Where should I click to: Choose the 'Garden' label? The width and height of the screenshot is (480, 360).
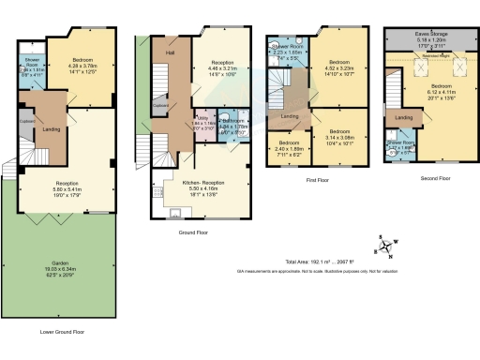click(65, 236)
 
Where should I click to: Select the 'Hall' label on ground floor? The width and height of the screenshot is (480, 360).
click(171, 53)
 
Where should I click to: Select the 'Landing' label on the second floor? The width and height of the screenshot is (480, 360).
click(405, 117)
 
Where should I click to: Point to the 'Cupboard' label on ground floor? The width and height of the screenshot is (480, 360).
click(160, 107)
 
